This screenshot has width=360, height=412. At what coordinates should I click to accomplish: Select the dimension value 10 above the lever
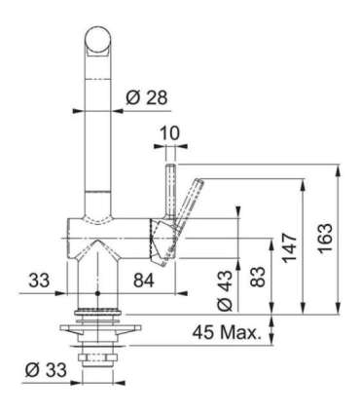pos(170,131)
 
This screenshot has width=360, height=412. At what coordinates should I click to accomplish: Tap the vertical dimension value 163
pos(325,236)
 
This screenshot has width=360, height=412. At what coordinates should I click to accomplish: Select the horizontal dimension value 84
pos(142,281)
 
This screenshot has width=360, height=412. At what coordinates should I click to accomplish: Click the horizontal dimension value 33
pos(40,281)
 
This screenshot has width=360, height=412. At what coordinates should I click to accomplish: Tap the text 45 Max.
pos(225,333)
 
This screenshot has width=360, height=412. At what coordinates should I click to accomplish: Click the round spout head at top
pos(96,41)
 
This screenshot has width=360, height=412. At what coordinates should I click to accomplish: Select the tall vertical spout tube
pos(96,136)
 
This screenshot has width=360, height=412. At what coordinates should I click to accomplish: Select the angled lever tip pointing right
pos(198,185)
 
